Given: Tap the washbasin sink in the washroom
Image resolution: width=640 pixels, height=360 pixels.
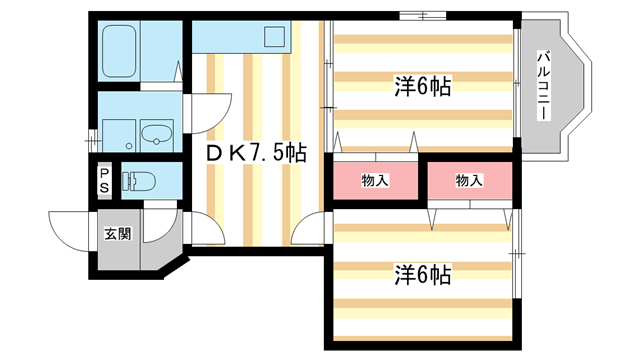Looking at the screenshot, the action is [x=156, y=133].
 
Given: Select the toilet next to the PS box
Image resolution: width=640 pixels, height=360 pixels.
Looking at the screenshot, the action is [x=133, y=182].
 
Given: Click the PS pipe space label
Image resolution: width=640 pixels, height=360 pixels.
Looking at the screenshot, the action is [x=104, y=182].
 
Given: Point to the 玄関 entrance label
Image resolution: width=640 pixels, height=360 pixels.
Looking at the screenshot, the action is [x=117, y=235].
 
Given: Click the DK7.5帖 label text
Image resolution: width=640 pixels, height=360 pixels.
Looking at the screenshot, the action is [x=255, y=153].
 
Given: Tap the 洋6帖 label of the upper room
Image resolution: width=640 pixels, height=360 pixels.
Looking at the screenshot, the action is [x=422, y=86].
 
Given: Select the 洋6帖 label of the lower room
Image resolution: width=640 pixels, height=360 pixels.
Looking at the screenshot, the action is [x=422, y=274].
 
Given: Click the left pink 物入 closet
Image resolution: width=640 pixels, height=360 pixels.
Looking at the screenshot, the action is [x=375, y=180].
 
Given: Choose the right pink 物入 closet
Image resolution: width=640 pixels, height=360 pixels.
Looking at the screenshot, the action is [x=469, y=180].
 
